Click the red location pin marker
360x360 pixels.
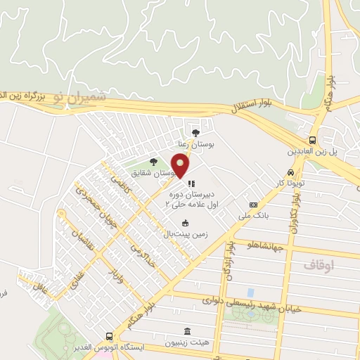pyautogui.click(x=181, y=166)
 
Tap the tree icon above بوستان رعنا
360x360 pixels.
pyautogui.click(x=195, y=131)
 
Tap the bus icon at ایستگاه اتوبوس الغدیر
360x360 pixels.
pyautogui.click(x=109, y=337)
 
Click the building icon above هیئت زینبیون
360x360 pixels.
pyautogui.click(x=186, y=331)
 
